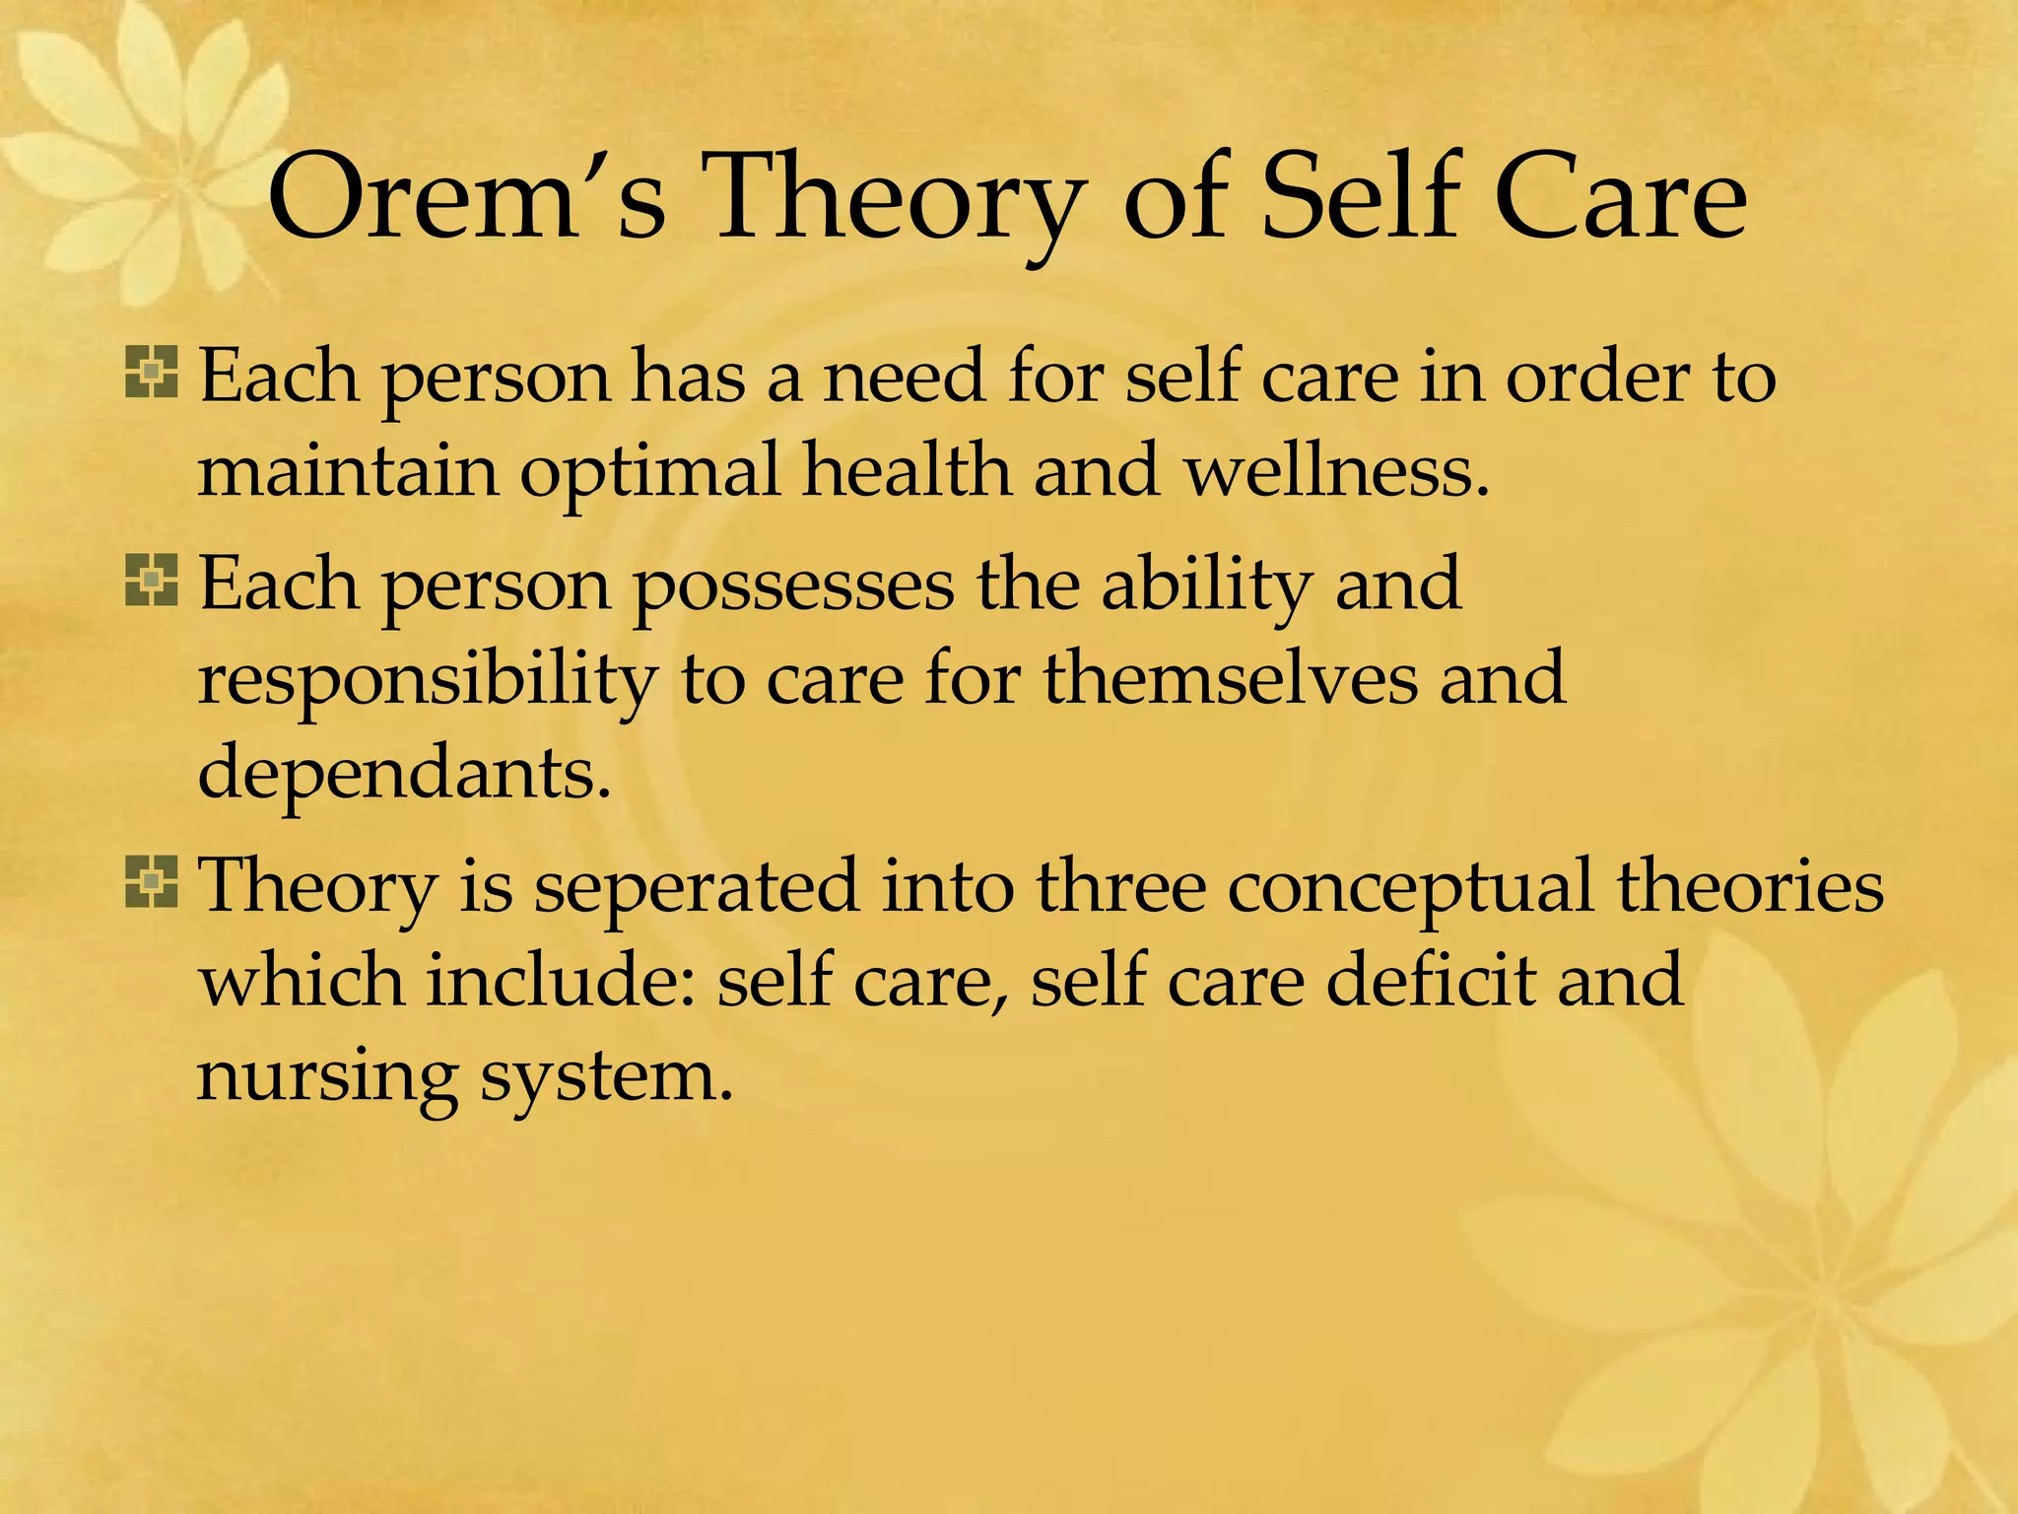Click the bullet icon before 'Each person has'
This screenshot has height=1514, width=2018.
152,373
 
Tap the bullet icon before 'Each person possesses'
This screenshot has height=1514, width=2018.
152,580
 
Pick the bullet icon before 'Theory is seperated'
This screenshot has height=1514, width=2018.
152,881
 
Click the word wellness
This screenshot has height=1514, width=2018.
1336,471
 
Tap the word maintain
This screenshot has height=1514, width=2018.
348,471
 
